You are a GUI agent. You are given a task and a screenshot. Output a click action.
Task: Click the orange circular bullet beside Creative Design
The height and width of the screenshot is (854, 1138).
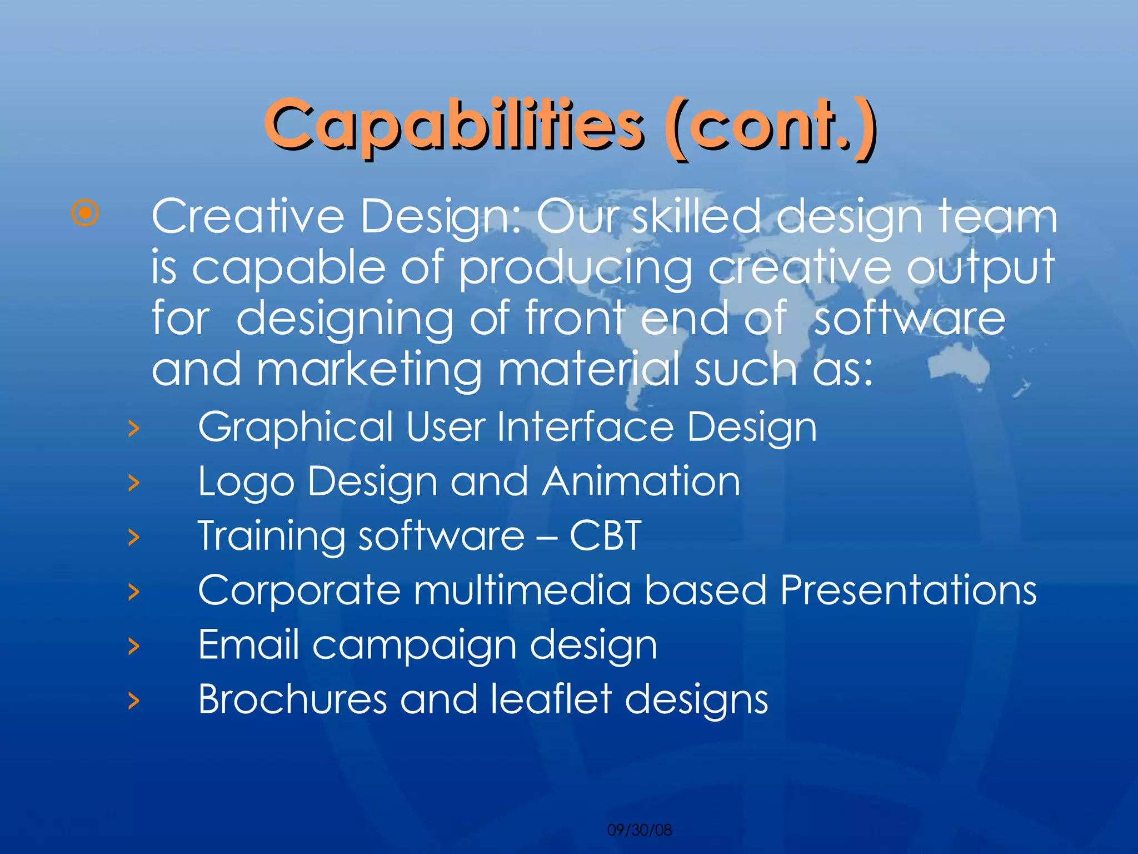tap(86, 213)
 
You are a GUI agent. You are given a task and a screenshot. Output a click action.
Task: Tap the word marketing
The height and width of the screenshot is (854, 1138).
tap(370, 370)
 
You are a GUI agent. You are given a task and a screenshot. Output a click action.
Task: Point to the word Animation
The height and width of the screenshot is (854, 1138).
tap(641, 481)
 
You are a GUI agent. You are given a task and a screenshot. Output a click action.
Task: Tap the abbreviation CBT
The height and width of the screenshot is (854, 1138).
tap(606, 535)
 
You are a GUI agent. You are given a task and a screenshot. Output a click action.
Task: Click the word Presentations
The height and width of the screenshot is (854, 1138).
tap(908, 590)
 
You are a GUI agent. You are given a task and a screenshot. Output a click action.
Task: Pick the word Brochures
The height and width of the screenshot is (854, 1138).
tap(292, 699)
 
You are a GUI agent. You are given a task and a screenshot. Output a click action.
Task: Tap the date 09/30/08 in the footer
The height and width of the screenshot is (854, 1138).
tap(640, 830)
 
